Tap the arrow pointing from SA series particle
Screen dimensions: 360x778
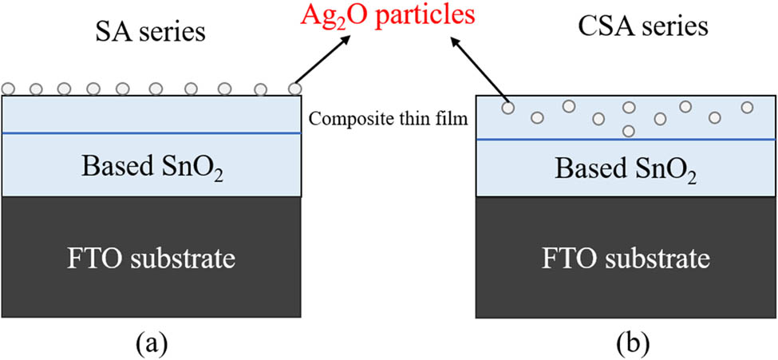point(326,59)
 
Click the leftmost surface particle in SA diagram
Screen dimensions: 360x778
point(10,88)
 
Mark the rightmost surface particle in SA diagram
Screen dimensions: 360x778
point(295,88)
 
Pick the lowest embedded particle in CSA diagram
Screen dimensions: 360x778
point(629,130)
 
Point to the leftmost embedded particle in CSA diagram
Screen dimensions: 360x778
point(507,107)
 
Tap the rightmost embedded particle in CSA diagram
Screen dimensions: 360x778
point(747,107)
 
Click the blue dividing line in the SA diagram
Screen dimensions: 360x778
point(152,133)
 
